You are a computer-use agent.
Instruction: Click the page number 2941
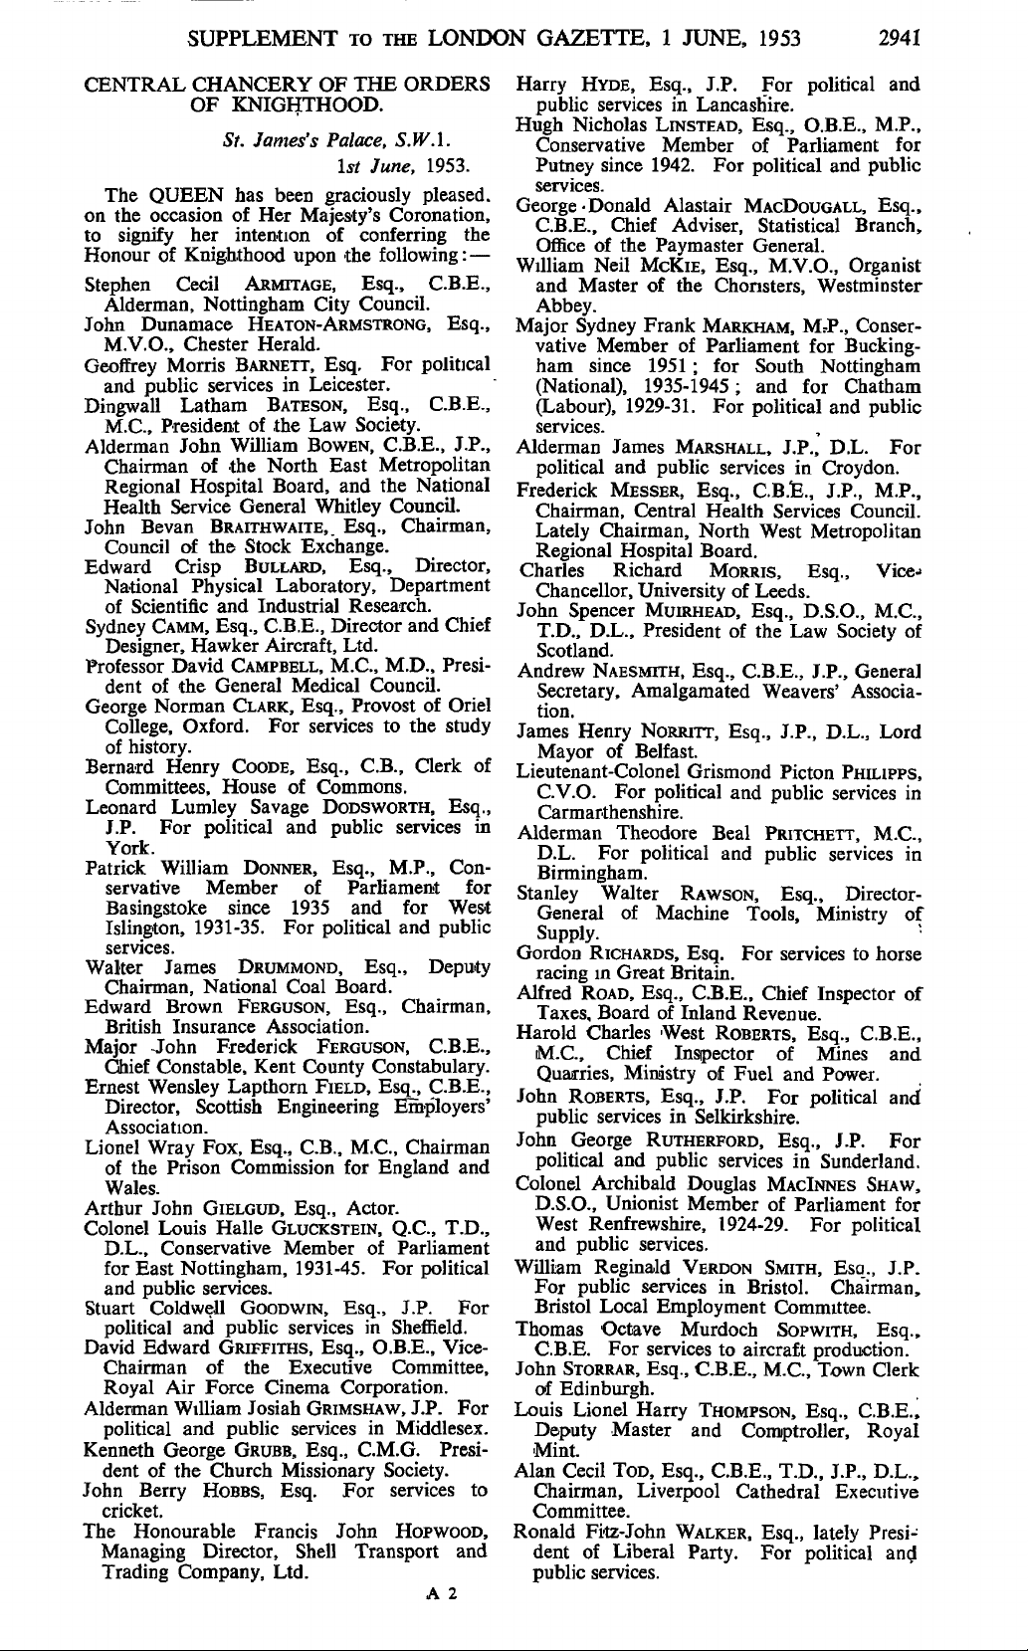coord(898,40)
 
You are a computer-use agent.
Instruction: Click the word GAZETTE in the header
coord(595,40)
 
